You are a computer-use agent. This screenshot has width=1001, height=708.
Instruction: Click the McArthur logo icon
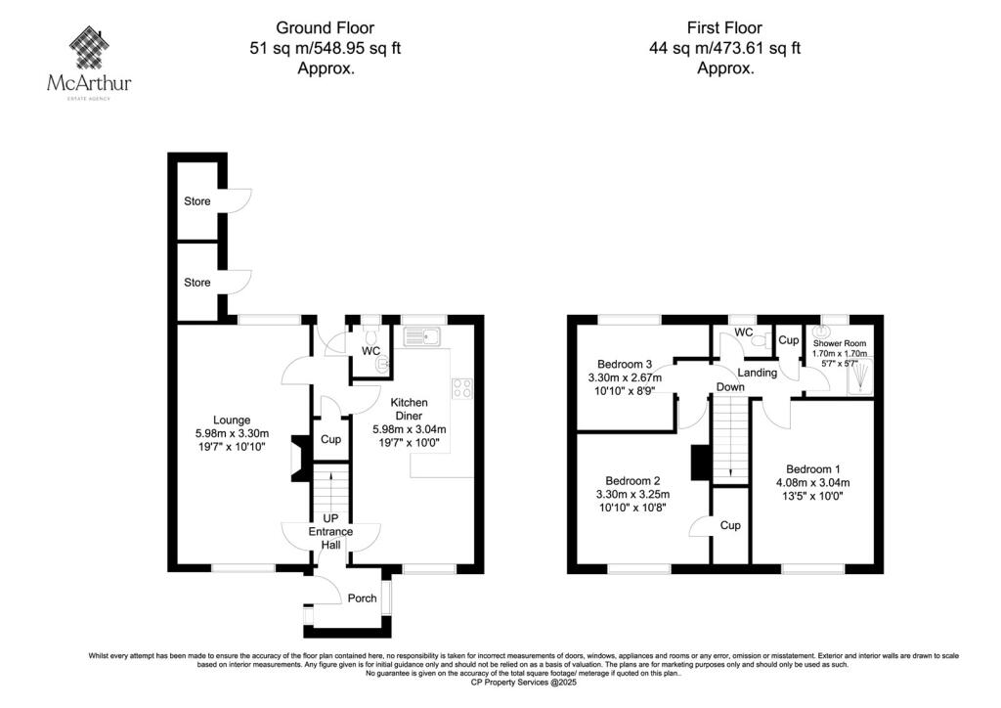[x=89, y=47]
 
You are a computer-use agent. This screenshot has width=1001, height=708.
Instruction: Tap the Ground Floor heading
[x=325, y=28]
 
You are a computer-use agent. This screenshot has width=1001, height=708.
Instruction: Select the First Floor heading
[x=724, y=28]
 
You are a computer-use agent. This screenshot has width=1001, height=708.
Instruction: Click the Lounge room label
[x=232, y=420]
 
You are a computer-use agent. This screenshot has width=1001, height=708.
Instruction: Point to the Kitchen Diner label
[x=410, y=409]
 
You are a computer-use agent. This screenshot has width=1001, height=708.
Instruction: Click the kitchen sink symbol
[x=421, y=336]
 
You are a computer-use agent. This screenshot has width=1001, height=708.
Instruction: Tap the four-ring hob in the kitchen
[x=462, y=388]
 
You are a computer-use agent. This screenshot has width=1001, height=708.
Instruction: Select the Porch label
[x=362, y=598]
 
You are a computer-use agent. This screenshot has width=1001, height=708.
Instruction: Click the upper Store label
[x=197, y=201]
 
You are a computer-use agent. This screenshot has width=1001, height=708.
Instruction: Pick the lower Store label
[x=197, y=283]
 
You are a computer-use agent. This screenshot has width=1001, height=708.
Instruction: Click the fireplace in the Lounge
[x=299, y=458]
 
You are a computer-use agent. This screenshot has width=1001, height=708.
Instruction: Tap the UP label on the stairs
[x=330, y=518]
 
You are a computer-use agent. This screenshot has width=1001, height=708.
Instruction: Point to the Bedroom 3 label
[x=625, y=365]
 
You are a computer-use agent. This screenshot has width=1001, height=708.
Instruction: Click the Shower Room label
[x=840, y=343]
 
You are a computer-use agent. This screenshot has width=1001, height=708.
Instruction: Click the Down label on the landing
[x=730, y=387]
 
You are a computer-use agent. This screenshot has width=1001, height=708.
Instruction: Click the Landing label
[x=758, y=373]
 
